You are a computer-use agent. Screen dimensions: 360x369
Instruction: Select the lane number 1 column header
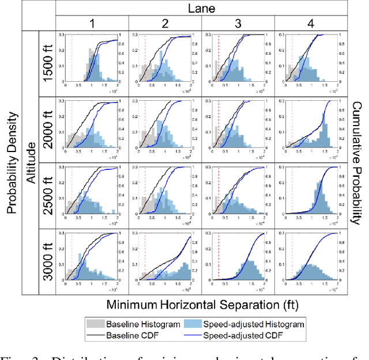click(92, 24)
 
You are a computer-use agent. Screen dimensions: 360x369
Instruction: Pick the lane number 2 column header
click(165, 24)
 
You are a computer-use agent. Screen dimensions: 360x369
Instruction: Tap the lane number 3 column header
click(238, 24)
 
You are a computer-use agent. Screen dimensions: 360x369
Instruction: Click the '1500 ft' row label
click(47, 65)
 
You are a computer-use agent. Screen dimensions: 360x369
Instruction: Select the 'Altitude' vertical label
click(31, 163)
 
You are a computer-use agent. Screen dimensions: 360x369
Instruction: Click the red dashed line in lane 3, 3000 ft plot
click(219, 253)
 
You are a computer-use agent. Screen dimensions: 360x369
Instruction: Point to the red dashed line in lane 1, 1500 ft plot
click(71, 58)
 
